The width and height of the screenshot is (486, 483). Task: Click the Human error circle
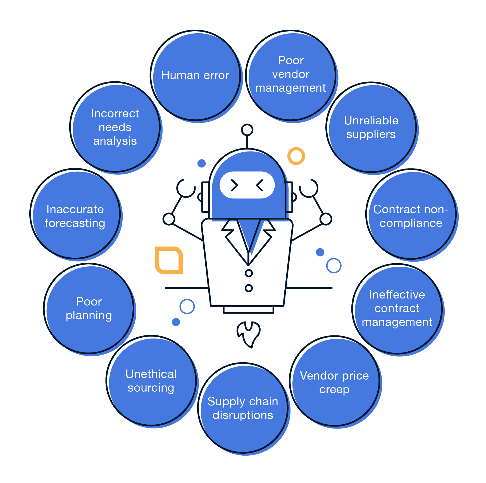tap(196, 75)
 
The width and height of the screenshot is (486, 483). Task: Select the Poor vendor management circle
tap(291, 75)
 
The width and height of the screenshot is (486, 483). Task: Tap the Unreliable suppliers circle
tap(371, 127)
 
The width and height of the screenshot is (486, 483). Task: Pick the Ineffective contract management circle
tap(397, 309)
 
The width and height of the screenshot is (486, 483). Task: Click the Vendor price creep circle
tap(334, 381)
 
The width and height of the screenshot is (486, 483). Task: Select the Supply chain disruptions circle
tap(243, 408)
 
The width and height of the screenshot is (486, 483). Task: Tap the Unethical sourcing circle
tap(151, 381)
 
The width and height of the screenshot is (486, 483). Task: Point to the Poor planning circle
tap(89, 309)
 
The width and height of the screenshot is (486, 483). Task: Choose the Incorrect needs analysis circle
tap(115, 127)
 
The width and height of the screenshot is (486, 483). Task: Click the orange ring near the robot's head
tap(296, 156)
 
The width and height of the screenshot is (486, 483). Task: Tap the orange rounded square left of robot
tap(169, 260)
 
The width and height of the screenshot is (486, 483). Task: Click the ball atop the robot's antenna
tap(247, 130)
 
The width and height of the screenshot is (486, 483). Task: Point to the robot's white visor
tap(247, 185)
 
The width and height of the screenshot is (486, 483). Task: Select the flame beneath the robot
tap(249, 334)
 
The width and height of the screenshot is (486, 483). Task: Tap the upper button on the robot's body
tap(249, 273)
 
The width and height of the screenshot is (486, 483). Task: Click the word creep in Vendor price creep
tap(334, 389)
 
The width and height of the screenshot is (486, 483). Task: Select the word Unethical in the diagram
tap(151, 374)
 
